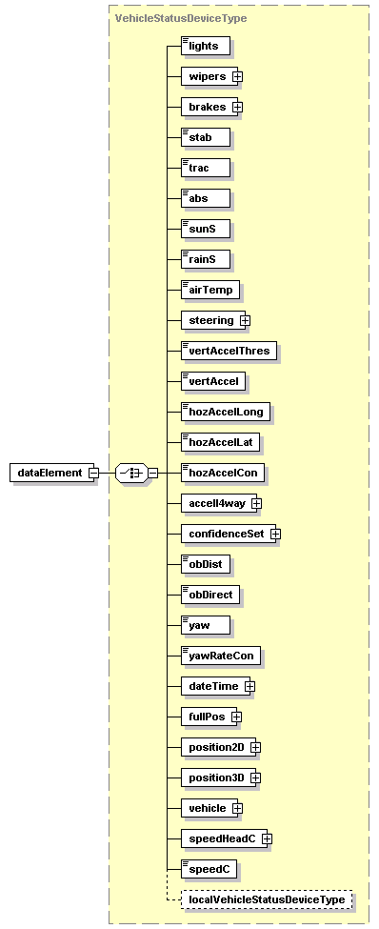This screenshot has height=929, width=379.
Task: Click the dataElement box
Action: [51, 473]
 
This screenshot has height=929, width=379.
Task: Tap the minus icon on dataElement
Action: [93, 473]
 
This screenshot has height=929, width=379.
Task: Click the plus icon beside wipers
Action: [237, 76]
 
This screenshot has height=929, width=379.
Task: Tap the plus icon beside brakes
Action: [237, 107]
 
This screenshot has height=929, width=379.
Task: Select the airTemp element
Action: [210, 290]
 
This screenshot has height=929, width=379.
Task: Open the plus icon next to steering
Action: [245, 320]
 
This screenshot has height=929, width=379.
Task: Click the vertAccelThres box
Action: [229, 351]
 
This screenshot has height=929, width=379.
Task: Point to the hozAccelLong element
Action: [227, 412]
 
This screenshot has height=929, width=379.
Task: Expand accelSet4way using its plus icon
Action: [256, 503]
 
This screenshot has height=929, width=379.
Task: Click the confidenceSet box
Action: [226, 534]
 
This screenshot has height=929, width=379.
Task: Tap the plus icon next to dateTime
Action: [249, 686]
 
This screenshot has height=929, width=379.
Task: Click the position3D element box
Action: [216, 778]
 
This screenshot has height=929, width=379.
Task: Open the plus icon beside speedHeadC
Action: [268, 838]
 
